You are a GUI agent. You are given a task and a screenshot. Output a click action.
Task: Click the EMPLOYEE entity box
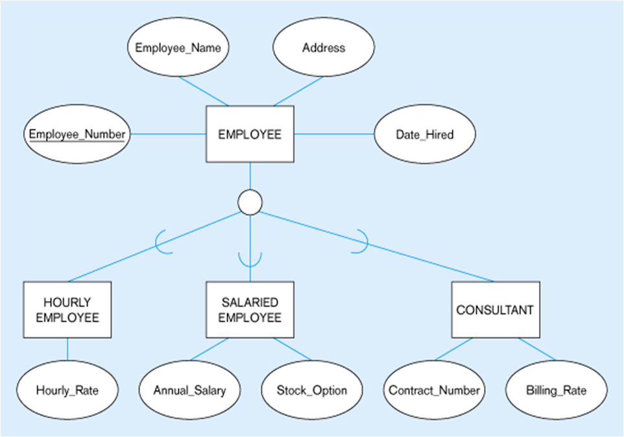250,134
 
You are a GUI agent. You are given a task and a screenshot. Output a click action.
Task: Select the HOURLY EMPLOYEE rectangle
67,310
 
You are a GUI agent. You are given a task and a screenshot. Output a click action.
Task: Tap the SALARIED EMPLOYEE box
250,310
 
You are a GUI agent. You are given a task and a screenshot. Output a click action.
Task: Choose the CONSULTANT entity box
496,310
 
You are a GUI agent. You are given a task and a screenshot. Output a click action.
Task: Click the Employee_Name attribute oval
178,47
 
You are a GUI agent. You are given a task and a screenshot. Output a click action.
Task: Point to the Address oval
324,47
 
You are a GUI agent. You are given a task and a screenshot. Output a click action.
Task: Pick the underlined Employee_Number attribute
77,134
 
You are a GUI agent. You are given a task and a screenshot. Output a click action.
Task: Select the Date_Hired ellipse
425,134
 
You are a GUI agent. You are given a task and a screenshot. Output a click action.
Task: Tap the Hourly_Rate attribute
67,390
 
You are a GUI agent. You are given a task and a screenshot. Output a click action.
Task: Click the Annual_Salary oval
190,390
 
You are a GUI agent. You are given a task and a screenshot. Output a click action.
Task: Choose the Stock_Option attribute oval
312,390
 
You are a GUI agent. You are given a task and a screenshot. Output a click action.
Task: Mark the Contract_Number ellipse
434,390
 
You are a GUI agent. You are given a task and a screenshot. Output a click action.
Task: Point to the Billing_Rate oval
557,390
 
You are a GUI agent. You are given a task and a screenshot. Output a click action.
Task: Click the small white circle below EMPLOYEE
250,202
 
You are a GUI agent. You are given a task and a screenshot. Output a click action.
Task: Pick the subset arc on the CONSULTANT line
367,242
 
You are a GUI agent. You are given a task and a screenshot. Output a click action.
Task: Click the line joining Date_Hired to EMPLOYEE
334,134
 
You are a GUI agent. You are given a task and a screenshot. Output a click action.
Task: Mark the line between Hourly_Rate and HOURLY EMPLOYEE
67,349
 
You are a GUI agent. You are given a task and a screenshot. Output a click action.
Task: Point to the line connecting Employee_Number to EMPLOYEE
169,134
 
